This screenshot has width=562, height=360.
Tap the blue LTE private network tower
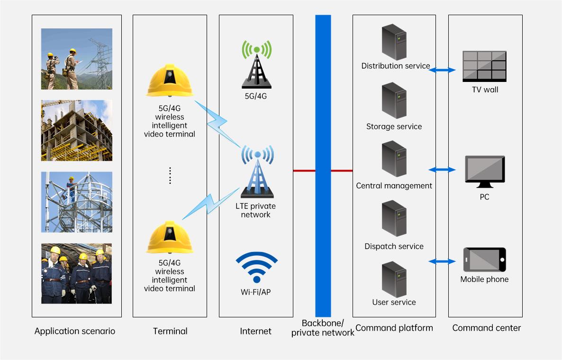click(x=257, y=173)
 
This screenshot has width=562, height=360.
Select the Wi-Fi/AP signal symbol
click(x=256, y=268)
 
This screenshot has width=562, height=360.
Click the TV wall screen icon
click(x=484, y=65)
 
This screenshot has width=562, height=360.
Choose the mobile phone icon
click(x=484, y=260)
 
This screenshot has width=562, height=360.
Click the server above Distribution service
click(x=394, y=43)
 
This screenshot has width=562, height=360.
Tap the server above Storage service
click(x=394, y=100)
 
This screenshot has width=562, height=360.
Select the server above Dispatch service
click(x=394, y=218)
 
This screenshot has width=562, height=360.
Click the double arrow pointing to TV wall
click(x=442, y=70)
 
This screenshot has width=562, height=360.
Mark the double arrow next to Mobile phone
click(x=442, y=261)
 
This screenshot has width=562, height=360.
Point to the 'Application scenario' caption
click(x=75, y=331)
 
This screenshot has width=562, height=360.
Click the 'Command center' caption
click(x=486, y=328)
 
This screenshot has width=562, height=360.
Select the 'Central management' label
click(x=394, y=186)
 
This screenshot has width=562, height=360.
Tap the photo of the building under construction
click(x=76, y=130)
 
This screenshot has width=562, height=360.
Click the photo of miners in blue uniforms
click(x=76, y=273)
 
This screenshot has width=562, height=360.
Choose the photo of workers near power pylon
click(x=76, y=59)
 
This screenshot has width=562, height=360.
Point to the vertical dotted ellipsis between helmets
click(x=170, y=176)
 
